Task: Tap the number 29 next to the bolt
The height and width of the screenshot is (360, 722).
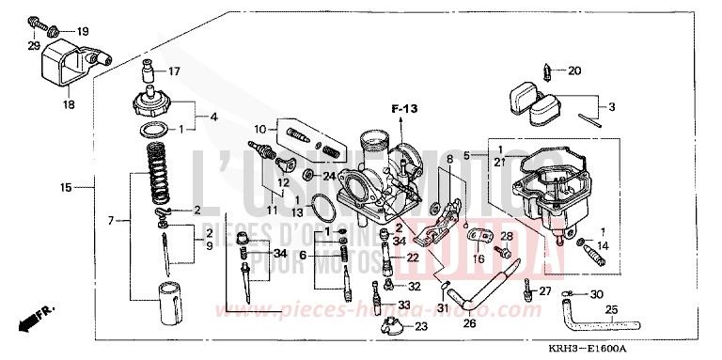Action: (34, 46)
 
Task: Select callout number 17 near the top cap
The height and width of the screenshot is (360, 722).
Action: (173, 71)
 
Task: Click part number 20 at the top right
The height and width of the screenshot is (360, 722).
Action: (575, 70)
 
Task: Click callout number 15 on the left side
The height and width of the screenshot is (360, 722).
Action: (66, 188)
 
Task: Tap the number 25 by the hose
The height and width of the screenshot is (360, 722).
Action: (611, 310)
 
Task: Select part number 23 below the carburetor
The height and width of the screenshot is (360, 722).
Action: (419, 326)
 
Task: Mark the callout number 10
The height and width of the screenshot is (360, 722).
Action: (259, 128)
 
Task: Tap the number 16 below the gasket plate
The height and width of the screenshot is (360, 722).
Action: (479, 257)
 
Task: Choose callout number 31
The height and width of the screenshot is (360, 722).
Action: (442, 308)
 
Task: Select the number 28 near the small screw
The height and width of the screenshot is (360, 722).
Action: (506, 235)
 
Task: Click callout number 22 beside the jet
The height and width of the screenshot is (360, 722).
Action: (412, 257)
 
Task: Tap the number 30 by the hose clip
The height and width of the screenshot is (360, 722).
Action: (596, 294)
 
